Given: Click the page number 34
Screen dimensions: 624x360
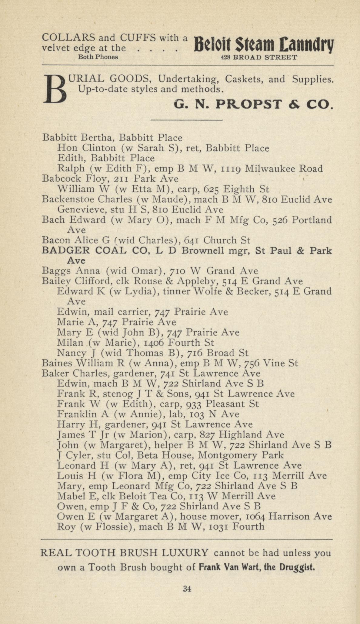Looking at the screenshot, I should coord(187,589).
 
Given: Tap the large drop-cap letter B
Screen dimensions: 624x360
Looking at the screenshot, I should coord(55,89).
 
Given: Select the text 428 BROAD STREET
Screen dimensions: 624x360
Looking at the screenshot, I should coord(259,57).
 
